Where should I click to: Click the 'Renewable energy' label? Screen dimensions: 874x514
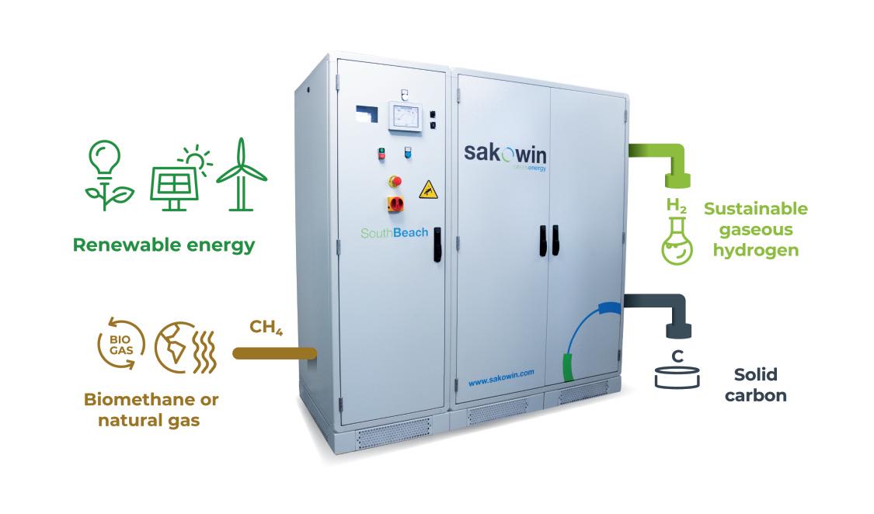click(164, 245)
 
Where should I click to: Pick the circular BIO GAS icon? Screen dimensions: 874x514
click(121, 345)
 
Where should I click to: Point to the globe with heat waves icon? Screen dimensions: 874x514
click(185, 347)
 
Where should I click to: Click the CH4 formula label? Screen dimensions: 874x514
click(266, 327)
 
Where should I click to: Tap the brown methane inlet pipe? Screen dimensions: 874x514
click(274, 353)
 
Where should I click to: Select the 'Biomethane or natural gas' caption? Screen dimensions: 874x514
click(151, 409)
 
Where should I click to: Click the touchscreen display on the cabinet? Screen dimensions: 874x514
click(406, 116)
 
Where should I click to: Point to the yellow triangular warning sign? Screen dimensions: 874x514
click(428, 190)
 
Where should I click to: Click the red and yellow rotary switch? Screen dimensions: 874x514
click(395, 204)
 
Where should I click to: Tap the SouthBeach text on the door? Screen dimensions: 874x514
click(394, 233)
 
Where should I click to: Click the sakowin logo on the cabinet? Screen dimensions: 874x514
click(505, 155)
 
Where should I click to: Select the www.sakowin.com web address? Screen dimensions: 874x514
click(501, 378)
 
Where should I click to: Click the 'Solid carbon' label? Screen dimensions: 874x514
click(755, 385)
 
